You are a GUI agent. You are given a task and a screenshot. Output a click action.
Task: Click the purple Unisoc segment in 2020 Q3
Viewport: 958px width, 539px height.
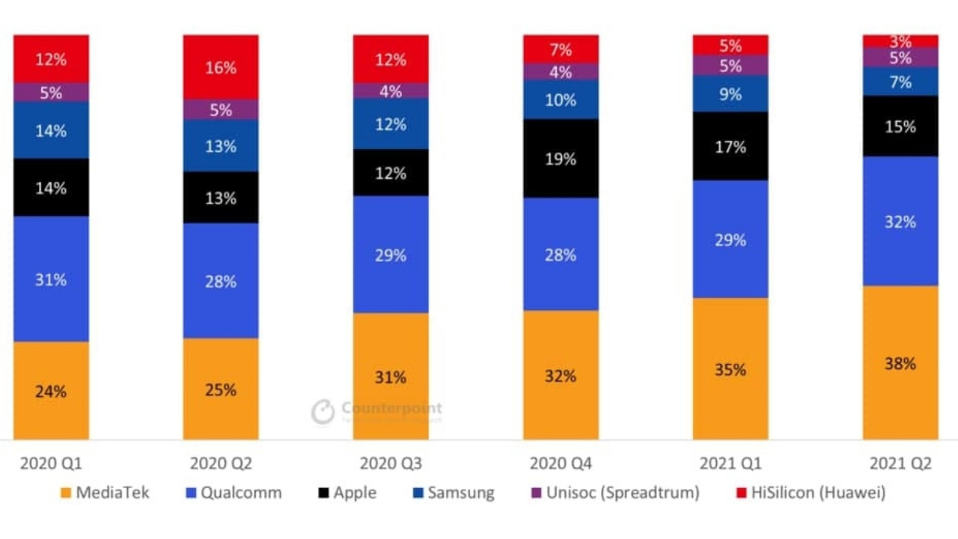pos(391,91)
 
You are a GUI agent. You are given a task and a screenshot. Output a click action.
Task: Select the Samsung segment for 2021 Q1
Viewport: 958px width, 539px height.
pos(730,94)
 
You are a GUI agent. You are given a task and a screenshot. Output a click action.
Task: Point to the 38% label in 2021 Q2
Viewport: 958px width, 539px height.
pos(900,364)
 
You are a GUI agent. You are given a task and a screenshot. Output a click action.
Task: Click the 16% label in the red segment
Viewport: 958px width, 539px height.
pos(221,68)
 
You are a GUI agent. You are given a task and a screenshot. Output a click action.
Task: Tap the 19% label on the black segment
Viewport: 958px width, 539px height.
pos(561,159)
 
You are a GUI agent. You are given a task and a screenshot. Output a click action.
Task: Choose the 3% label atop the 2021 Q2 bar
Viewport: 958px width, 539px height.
pos(900,41)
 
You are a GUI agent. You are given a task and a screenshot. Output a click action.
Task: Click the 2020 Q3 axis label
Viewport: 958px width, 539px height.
pos(391,464)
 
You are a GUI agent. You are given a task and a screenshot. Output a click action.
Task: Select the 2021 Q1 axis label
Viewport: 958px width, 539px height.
pos(730,464)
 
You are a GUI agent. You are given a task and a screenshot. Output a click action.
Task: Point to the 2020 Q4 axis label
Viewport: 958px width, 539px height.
pos(561,464)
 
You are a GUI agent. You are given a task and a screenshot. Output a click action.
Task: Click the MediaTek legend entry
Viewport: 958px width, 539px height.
pos(105,493)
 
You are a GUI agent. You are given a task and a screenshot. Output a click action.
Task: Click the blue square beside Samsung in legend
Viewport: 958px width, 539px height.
pos(418,493)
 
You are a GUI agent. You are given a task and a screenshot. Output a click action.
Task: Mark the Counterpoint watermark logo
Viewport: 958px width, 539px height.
pos(323,412)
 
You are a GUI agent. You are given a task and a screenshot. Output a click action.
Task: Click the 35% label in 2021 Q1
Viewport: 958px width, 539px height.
pos(730,370)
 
